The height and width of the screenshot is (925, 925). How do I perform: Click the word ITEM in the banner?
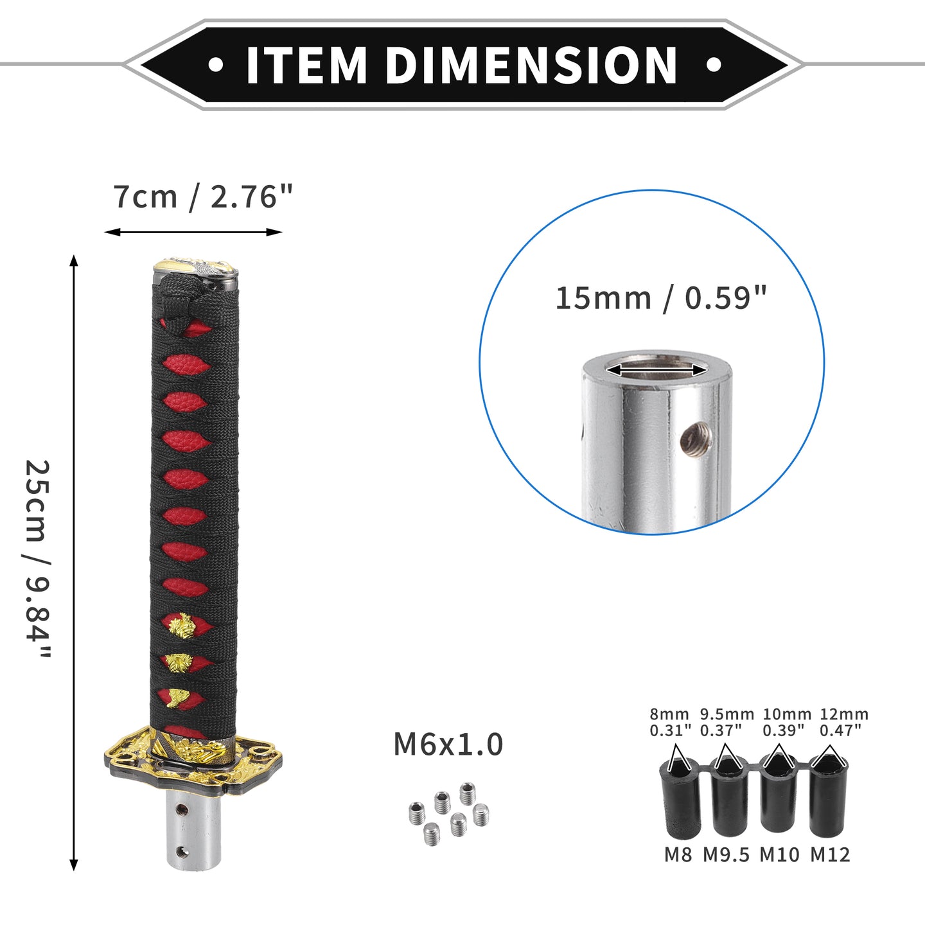coord(306,65)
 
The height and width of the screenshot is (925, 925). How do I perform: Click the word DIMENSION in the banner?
coord(531,65)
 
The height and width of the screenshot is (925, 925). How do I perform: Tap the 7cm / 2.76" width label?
coord(202,197)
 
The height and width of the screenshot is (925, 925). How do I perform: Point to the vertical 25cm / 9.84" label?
coord(37,559)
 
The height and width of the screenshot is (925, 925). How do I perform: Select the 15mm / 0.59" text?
coord(661,298)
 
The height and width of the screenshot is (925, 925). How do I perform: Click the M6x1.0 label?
coord(448,744)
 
